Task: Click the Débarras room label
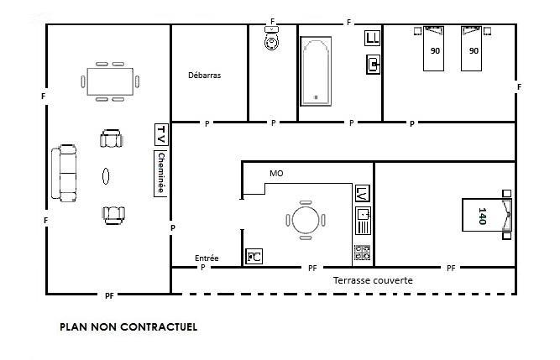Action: click(x=204, y=76)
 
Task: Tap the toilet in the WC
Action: click(x=272, y=38)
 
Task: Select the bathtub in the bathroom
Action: click(x=316, y=71)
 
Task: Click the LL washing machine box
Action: click(x=372, y=38)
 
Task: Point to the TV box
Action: click(x=161, y=134)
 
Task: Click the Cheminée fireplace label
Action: click(x=161, y=174)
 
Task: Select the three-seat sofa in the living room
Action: click(x=64, y=173)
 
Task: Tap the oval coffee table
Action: click(x=106, y=176)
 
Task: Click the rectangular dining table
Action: click(x=110, y=81)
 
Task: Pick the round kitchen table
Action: click(x=306, y=220)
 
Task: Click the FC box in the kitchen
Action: click(x=254, y=257)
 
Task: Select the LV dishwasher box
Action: click(x=363, y=194)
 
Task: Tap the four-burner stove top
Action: click(x=362, y=253)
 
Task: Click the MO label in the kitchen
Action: click(x=276, y=174)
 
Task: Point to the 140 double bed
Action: click(x=487, y=215)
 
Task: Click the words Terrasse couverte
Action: click(x=373, y=280)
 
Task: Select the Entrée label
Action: click(x=207, y=258)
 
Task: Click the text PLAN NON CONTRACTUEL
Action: click(x=128, y=326)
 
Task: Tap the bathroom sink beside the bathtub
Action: click(x=374, y=65)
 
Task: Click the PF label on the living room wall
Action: click(x=109, y=295)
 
